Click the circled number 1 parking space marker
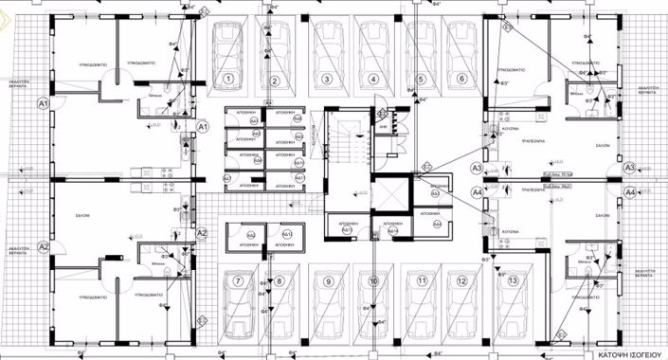(228, 79)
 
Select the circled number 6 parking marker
(462, 79)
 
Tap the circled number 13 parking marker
(513, 281)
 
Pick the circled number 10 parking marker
(374, 281)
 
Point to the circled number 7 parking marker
(239, 281)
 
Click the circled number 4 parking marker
(373, 79)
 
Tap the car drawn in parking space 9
(328, 317)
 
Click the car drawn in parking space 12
(462, 317)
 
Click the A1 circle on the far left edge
(43, 106)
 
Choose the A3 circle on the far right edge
(629, 167)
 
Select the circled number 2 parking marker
(273, 79)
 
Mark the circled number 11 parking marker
(419, 281)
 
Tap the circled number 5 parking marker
(418, 79)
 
